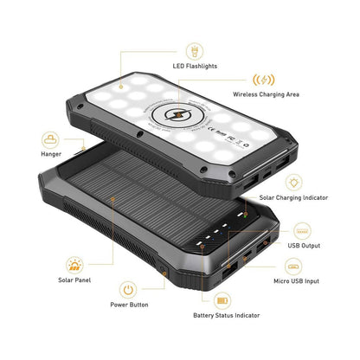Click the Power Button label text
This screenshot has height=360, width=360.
[129, 305]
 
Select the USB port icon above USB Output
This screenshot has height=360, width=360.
[303, 230]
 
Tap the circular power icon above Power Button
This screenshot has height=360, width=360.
[128, 288]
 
